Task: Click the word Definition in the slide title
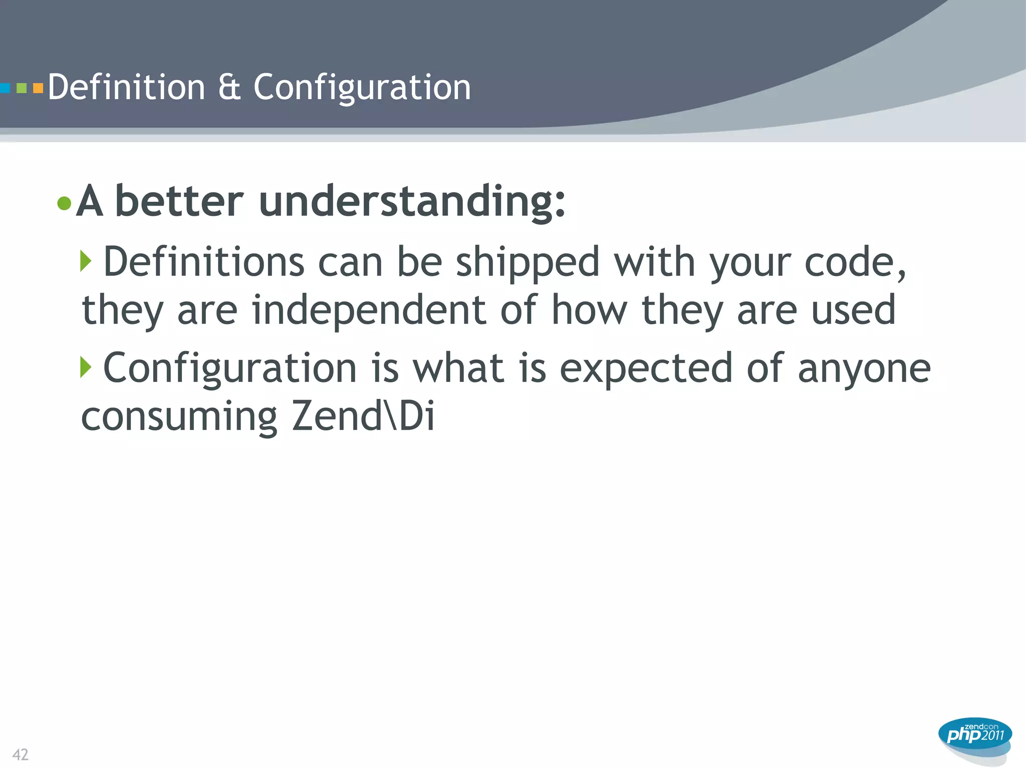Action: click(126, 87)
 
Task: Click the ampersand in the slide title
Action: click(229, 87)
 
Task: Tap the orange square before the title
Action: click(38, 89)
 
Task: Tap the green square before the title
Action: click(22, 89)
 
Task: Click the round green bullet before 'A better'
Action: click(64, 203)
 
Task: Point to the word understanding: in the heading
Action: click(412, 201)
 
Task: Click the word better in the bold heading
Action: click(179, 201)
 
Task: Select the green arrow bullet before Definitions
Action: click(86, 261)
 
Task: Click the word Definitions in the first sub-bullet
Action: click(203, 262)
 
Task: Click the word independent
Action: click(369, 310)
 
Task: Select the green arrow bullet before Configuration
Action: click(86, 367)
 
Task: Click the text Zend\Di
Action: click(363, 416)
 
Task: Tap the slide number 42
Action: click(21, 754)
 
